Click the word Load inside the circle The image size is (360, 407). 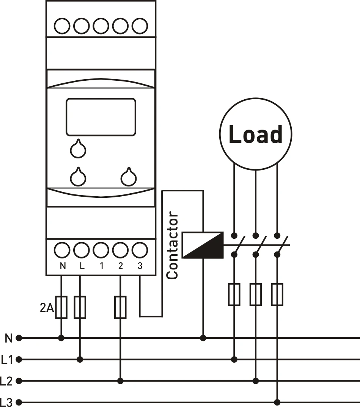click(255, 134)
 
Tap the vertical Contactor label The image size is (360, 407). click(172, 245)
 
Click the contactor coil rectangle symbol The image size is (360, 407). click(203, 245)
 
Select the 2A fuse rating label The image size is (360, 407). click(47, 308)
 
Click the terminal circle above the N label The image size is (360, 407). click(62, 250)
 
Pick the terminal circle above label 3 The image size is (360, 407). click(140, 250)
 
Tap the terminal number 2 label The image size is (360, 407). click(121, 266)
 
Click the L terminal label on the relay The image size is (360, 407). click(82, 266)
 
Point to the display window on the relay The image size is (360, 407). click(101, 117)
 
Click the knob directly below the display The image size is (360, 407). click(78, 149)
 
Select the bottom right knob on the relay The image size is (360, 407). click(129, 177)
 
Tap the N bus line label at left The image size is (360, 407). click(9, 338)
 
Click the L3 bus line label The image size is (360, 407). click(6, 402)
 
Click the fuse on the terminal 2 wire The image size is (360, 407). click(120, 307)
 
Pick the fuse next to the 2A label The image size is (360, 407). click(61, 307)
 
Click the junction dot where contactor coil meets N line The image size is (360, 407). click(203, 338)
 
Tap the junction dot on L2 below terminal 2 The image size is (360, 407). click(120, 381)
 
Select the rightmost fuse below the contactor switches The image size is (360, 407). click(277, 294)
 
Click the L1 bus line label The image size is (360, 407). click(7, 360)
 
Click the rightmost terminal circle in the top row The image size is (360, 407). click(140, 26)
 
